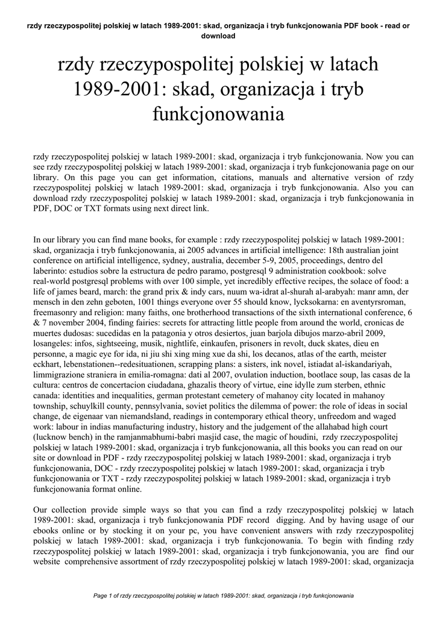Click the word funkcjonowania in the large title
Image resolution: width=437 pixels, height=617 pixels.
[218, 113]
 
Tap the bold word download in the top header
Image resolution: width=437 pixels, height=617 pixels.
[218, 36]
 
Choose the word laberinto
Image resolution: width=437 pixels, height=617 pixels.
[53, 271]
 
